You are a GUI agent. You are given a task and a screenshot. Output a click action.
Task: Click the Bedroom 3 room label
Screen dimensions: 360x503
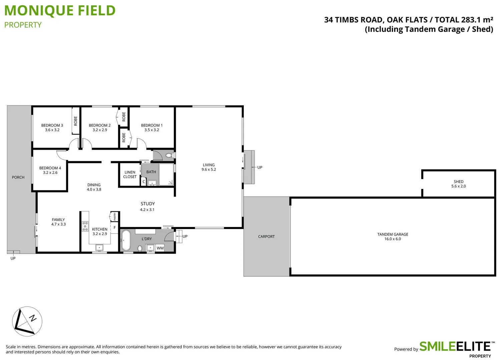pyautogui.click(x=52, y=125)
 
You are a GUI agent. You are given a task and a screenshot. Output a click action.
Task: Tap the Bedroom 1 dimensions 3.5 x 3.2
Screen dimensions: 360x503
pyautogui.click(x=151, y=130)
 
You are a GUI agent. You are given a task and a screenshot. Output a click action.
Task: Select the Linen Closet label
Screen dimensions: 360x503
pyautogui.click(x=130, y=175)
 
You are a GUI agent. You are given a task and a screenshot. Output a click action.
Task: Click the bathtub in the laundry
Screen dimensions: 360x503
pyautogui.click(x=126, y=240)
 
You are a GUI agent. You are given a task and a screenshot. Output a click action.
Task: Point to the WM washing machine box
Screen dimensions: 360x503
pyautogui.click(x=160, y=248)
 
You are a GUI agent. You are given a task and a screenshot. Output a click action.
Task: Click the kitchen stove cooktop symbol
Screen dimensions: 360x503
pyautogui.click(x=85, y=226)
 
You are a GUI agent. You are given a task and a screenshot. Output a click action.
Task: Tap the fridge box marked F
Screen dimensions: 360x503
pyautogui.click(x=114, y=228)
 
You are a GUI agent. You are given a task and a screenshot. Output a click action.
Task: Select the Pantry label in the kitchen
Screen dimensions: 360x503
pyautogui.click(x=115, y=216)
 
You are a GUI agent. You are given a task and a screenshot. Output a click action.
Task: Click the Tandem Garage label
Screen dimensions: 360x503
pyautogui.click(x=393, y=234)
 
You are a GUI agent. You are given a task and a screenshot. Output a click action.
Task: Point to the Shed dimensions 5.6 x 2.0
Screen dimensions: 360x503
pyautogui.click(x=458, y=186)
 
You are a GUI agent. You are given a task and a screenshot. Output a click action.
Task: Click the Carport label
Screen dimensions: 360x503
pyautogui.click(x=266, y=237)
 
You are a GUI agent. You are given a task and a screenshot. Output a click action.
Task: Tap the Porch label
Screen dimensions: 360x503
pyautogui.click(x=18, y=177)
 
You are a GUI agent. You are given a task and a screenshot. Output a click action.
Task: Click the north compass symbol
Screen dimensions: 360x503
pyautogui.click(x=27, y=321)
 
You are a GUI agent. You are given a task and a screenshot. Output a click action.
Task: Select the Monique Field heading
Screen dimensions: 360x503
pyautogui.click(x=60, y=11)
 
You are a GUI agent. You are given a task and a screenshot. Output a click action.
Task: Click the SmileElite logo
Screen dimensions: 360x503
pyautogui.click(x=455, y=347)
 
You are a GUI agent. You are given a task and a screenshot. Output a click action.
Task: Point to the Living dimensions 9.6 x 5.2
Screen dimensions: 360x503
pyautogui.click(x=208, y=170)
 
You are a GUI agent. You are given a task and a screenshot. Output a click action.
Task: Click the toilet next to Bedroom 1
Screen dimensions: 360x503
pyautogui.click(x=169, y=155)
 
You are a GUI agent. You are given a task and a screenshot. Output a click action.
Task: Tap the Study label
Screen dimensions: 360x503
pyautogui.click(x=147, y=204)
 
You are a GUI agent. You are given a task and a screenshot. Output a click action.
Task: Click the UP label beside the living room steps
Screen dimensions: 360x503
pyautogui.click(x=260, y=167)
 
